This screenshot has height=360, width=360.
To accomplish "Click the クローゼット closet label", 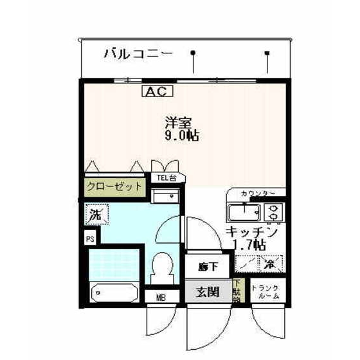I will (x=114, y=187).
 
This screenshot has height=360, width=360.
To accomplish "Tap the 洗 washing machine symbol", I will (x=94, y=213).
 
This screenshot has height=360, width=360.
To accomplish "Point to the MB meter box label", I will (x=158, y=297).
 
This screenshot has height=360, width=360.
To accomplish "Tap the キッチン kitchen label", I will (x=251, y=232).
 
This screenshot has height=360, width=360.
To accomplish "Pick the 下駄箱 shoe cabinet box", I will (x=237, y=291).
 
